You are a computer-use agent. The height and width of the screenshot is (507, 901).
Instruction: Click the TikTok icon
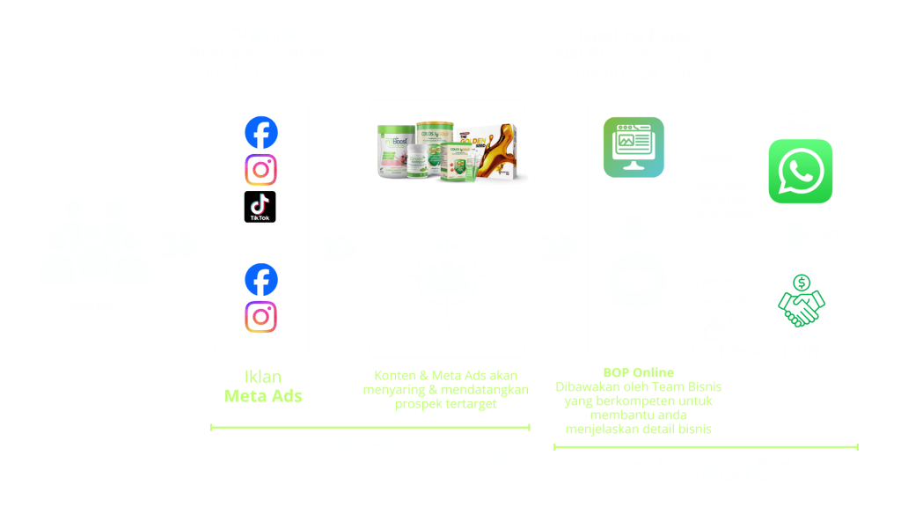260,207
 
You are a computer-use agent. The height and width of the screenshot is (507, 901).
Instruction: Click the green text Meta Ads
263,396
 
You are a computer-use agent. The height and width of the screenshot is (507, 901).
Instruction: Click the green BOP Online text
634,372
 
